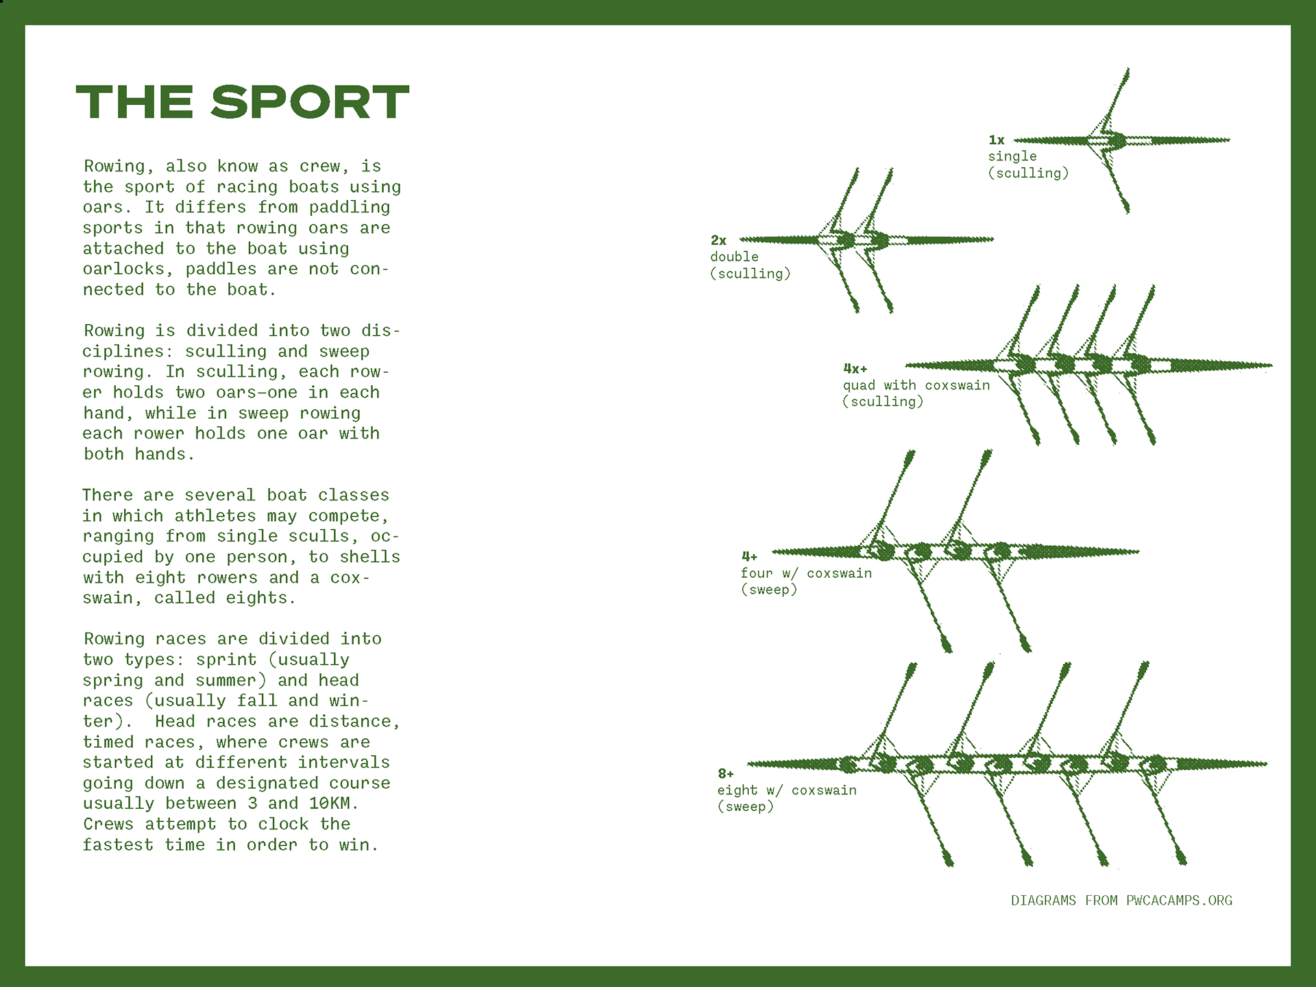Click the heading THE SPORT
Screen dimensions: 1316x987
tap(243, 103)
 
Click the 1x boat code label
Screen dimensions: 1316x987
tap(997, 140)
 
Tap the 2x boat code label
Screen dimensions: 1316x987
tap(718, 241)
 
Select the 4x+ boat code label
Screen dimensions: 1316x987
tap(855, 369)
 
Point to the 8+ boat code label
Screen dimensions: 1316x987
tap(726, 774)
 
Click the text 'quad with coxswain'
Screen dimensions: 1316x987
tap(916, 385)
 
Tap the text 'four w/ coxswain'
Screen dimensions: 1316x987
tap(806, 573)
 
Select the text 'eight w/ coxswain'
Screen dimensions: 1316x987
tap(787, 790)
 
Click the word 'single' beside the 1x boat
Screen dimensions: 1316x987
tap(1012, 157)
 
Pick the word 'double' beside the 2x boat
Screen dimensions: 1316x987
tap(734, 257)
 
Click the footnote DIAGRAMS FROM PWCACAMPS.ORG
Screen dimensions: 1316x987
tap(1121, 901)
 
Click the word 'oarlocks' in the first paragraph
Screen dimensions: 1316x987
tap(124, 269)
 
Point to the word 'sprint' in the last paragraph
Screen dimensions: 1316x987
tap(226, 660)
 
